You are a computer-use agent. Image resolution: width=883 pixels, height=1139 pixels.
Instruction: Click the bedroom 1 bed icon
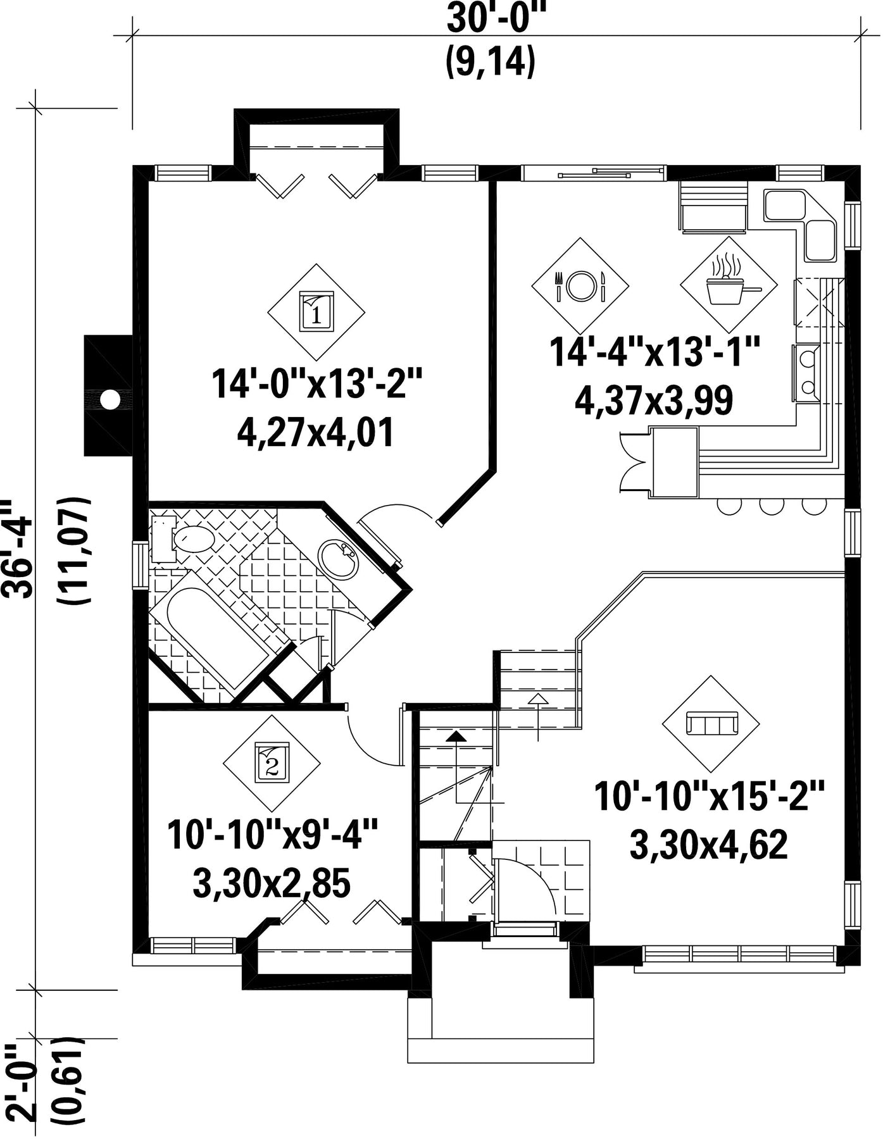click(x=316, y=311)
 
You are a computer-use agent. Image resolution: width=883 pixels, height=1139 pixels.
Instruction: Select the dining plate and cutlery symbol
click(x=580, y=285)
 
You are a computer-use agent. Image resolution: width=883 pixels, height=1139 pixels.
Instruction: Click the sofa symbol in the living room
click(x=711, y=723)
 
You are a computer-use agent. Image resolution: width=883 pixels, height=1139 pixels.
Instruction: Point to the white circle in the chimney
click(x=110, y=399)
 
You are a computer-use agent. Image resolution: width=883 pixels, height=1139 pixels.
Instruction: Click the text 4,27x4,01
click(x=316, y=433)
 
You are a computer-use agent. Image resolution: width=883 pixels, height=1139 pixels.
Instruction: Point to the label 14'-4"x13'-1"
click(x=654, y=352)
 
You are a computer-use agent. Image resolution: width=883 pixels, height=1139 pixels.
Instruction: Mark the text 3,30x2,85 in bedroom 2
click(x=272, y=884)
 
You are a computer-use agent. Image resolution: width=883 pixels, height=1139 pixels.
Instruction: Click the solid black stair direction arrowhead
click(x=455, y=735)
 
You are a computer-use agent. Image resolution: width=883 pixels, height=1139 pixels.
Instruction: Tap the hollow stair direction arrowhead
click(x=538, y=698)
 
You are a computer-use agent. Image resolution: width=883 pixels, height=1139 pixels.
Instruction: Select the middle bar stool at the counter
click(x=772, y=506)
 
